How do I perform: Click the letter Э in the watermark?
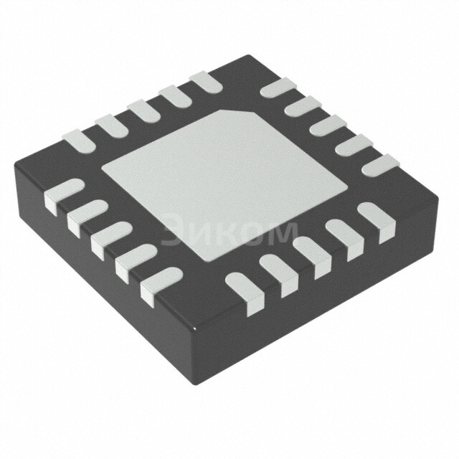pyautogui.click(x=174, y=231)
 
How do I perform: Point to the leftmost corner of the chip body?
pyautogui.click(x=16, y=166)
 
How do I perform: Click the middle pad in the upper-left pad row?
pyautogui.click(x=143, y=108)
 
